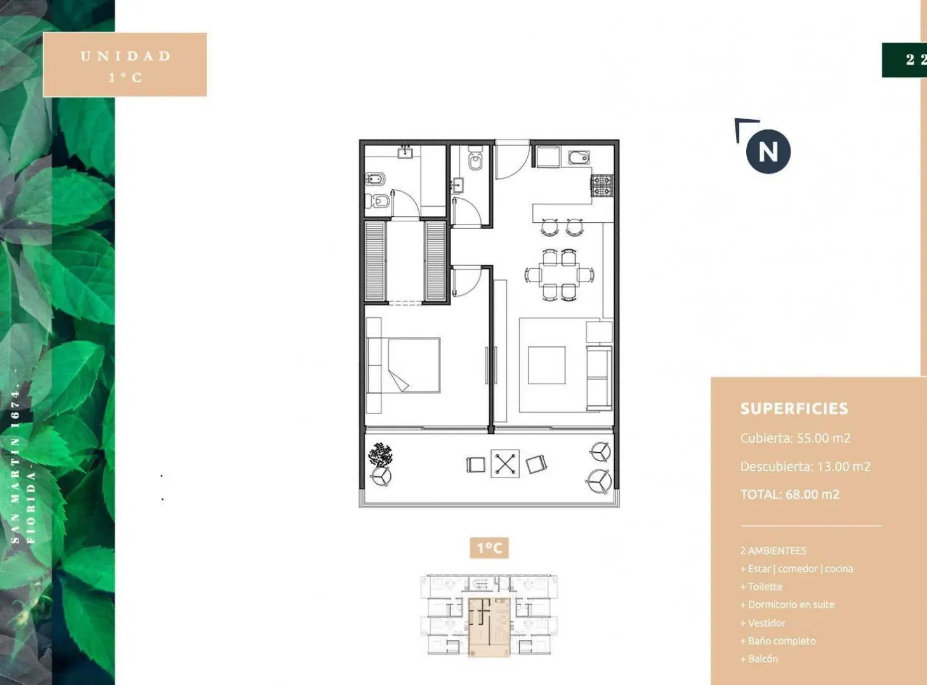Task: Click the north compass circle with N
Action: (768, 152)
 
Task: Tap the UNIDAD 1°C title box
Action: (124, 65)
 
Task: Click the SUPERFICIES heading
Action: (794, 408)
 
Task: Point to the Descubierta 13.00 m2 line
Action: (805, 466)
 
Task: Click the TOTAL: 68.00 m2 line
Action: (789, 495)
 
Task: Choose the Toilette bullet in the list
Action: (761, 586)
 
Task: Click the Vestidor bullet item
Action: (762, 623)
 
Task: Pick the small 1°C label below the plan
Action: (489, 547)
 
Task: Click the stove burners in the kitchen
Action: (602, 186)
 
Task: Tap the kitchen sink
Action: (579, 157)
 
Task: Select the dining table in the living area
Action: (559, 274)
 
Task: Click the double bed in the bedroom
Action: (414, 365)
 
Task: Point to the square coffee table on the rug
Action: (547, 365)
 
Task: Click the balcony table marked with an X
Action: (505, 464)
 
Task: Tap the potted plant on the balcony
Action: (380, 455)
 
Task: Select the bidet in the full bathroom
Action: (375, 179)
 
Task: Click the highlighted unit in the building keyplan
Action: (489, 627)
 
